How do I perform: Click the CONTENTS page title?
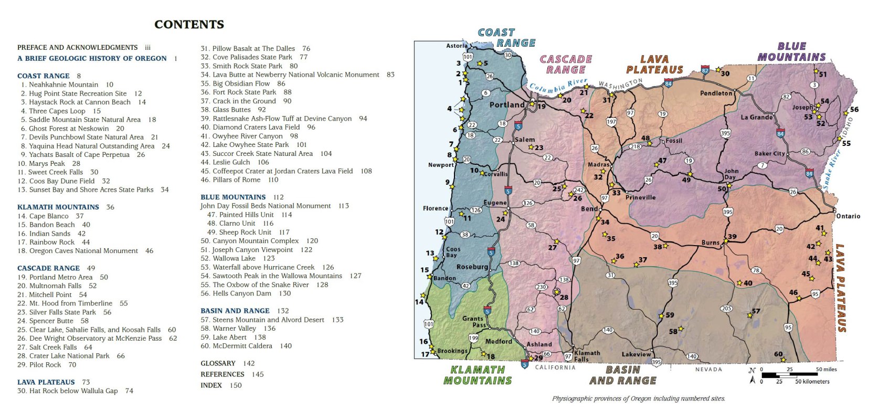189,25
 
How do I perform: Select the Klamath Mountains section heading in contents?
58,207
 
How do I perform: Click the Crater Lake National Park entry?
69,356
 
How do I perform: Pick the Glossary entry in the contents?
218,363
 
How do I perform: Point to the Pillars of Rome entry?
236,180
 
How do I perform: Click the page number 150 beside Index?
236,385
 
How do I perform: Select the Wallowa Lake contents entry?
234,258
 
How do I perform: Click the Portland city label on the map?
506,105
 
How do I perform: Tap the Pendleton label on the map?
716,93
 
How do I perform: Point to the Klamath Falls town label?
587,356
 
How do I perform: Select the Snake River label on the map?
831,170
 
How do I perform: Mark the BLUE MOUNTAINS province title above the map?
791,52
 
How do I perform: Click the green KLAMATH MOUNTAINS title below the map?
478,375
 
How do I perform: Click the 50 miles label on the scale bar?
826,370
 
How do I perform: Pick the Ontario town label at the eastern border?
848,216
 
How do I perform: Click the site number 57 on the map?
756,311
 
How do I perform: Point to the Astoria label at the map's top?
457,46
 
